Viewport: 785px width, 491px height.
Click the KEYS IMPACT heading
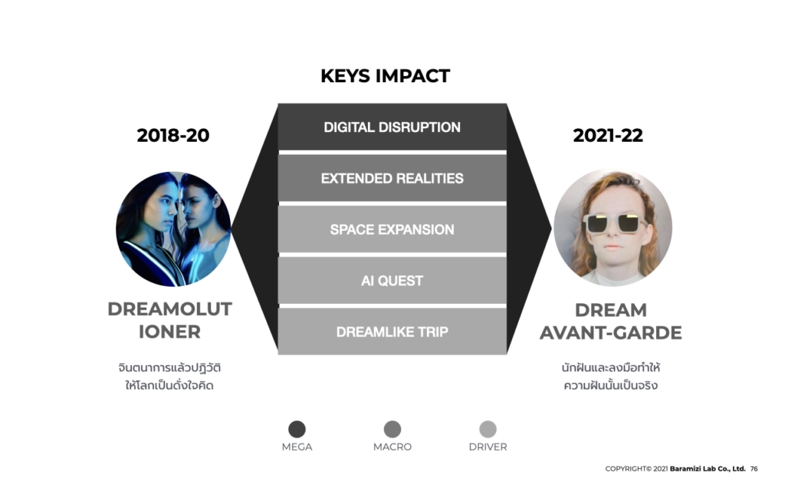[385, 76]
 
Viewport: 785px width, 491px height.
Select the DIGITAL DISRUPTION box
[392, 127]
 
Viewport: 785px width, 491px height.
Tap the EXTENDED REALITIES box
[392, 178]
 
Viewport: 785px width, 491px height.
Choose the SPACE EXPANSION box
[392, 229]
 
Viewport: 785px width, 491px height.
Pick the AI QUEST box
[392, 281]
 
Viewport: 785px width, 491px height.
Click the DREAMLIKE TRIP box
[392, 331]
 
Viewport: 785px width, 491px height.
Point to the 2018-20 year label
[172, 135]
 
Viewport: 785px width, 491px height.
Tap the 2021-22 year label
[608, 135]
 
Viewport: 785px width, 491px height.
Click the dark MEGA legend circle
[297, 430]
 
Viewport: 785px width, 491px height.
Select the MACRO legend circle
[392, 430]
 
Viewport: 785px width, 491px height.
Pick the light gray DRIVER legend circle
[488, 430]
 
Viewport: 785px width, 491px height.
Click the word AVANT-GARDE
[611, 333]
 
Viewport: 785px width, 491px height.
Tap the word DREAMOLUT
[169, 309]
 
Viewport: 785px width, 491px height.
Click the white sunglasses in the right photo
[613, 223]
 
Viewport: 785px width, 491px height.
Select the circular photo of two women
[173, 229]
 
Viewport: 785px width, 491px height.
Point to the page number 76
[754, 469]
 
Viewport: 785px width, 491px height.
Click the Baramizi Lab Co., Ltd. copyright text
[708, 469]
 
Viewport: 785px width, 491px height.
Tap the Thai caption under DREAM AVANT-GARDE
[611, 376]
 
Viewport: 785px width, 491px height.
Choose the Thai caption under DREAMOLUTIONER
[169, 376]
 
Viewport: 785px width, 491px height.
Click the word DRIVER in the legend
[488, 447]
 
